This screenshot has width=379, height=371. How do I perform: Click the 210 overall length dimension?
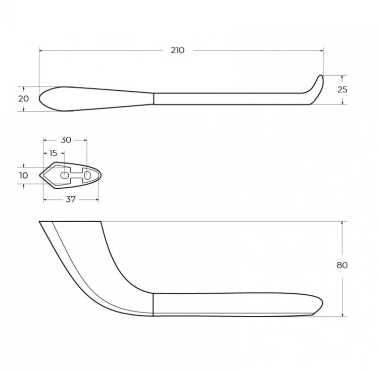177,50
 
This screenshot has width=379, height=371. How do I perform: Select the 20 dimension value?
23,98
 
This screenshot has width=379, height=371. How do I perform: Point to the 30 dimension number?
66,140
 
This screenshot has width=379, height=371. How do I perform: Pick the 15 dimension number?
53,152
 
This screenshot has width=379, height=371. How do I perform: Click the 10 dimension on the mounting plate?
23,175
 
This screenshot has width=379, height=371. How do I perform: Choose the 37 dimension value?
70,199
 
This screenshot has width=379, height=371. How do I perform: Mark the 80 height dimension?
342,265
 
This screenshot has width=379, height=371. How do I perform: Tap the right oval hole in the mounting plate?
87,175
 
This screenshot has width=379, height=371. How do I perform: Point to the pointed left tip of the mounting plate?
40,175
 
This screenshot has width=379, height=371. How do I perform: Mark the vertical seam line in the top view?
154,98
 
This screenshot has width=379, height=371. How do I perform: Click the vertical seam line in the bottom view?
153,304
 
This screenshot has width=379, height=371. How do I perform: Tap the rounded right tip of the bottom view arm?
320,303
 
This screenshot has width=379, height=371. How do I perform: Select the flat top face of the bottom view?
71,222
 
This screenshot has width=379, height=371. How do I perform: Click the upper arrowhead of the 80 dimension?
344,224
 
